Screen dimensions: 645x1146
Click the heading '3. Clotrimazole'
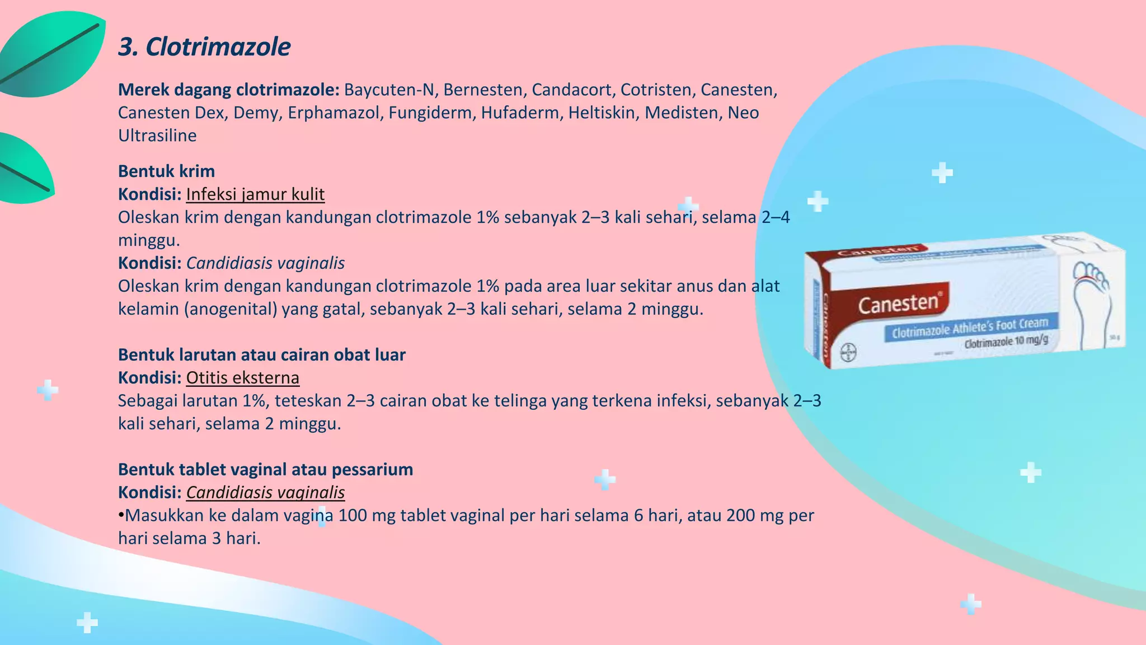tap(204, 47)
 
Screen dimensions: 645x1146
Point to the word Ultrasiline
tap(157, 135)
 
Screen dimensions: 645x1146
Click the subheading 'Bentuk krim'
tap(166, 171)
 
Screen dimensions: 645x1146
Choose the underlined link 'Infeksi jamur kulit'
tap(255, 194)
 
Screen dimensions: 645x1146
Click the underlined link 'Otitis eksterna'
tap(242, 378)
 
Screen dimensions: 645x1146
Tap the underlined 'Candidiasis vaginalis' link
tap(265, 493)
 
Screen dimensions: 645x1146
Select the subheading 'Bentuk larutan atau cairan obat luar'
tap(261, 355)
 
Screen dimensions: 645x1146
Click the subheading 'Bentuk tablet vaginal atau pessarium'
tap(265, 470)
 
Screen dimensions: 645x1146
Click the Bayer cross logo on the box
tap(848, 353)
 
